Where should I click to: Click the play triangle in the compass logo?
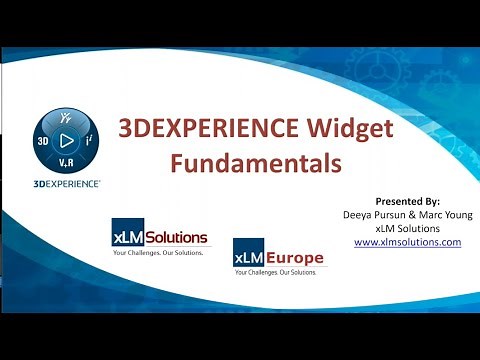[67, 142]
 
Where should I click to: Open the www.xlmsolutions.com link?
[407, 242]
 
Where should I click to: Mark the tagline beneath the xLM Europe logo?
[279, 273]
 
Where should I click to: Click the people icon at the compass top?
[67, 119]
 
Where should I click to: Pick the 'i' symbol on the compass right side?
[90, 142]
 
